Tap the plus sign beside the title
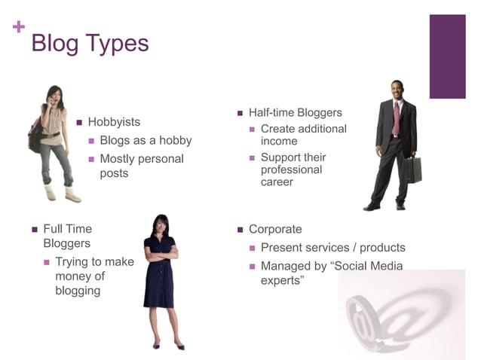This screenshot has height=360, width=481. tap(19, 27)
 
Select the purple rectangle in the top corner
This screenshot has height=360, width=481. tap(447, 56)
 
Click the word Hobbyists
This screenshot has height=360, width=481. tap(114, 122)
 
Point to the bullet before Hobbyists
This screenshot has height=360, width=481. tap(79, 122)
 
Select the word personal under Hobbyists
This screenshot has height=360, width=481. tap(164, 159)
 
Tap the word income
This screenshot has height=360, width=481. tap(279, 141)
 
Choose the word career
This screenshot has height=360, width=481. tap(277, 182)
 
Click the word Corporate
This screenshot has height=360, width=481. tap(275, 230)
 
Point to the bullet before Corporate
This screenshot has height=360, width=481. tap(240, 230)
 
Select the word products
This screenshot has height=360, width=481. tap(382, 248)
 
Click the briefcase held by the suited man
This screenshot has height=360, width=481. tap(412, 169)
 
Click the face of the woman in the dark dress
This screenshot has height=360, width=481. tap(161, 224)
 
